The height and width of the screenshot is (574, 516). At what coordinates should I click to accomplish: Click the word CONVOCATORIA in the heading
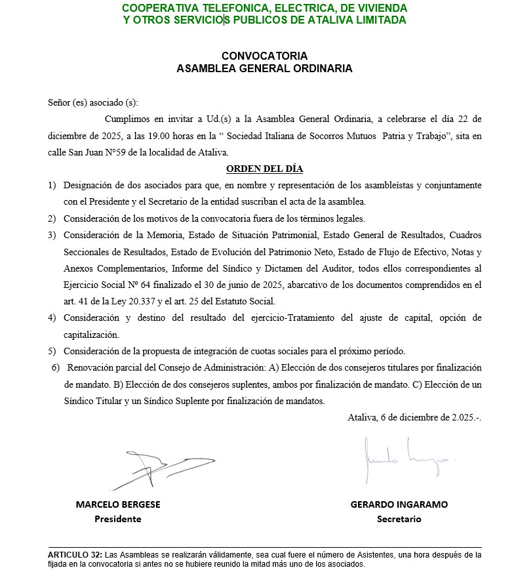pyautogui.click(x=264, y=56)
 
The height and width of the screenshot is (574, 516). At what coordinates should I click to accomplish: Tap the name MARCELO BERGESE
pyautogui.click(x=118, y=504)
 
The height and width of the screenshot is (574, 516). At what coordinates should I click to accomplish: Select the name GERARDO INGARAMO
pyautogui.click(x=399, y=504)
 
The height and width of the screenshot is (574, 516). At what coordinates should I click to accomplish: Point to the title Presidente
pyautogui.click(x=118, y=519)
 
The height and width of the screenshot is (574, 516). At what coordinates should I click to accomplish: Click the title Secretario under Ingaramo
pyautogui.click(x=399, y=519)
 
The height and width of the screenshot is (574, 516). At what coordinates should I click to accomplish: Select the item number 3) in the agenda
pyautogui.click(x=52, y=234)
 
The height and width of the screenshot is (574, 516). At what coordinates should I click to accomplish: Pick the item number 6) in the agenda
pyautogui.click(x=56, y=367)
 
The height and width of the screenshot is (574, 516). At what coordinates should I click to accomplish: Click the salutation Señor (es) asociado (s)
pyautogui.click(x=93, y=102)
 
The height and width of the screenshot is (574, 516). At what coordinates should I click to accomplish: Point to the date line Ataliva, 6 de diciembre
pyautogui.click(x=414, y=417)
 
